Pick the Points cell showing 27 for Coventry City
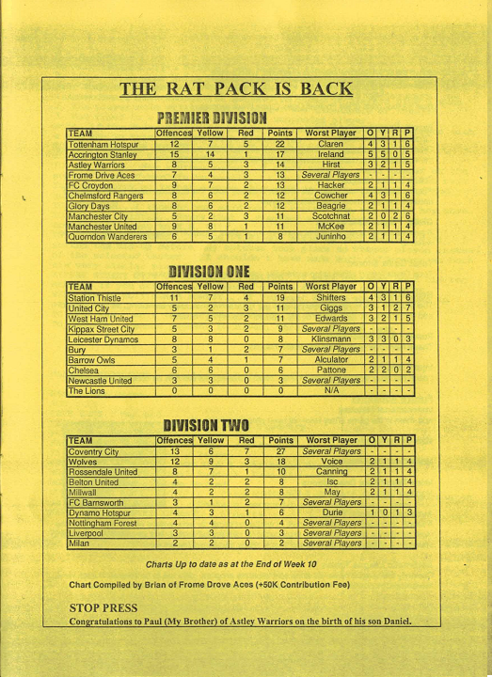pos(280,452)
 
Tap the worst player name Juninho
pos(331,237)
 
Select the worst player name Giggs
pos(331,308)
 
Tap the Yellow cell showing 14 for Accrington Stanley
pos(211,154)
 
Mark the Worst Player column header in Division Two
pos(331,440)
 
